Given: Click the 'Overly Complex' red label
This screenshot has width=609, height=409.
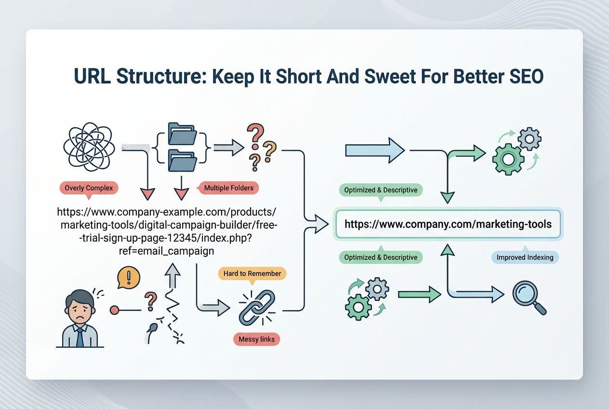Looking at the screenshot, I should tap(89, 188).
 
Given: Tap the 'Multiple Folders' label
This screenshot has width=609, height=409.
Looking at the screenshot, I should tap(228, 188).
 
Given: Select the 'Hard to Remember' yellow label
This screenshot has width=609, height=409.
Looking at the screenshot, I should tap(252, 273).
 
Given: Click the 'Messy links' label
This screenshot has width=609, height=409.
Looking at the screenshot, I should tap(256, 339).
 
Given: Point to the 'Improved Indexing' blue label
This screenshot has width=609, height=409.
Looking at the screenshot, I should tap(525, 257).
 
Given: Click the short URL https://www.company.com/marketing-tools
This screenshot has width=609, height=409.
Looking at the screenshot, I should tap(448, 224).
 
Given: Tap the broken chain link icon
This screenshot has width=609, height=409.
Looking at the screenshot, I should tap(256, 307).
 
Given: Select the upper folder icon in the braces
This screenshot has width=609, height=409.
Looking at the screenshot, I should tap(182, 134).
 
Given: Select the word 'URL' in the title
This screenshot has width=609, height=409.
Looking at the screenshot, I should tap(92, 77).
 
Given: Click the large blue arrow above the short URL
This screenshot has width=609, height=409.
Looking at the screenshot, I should tap(375, 151).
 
